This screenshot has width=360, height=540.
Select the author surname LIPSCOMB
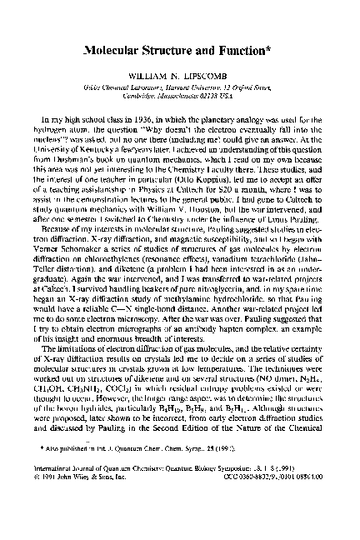click(212, 82)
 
